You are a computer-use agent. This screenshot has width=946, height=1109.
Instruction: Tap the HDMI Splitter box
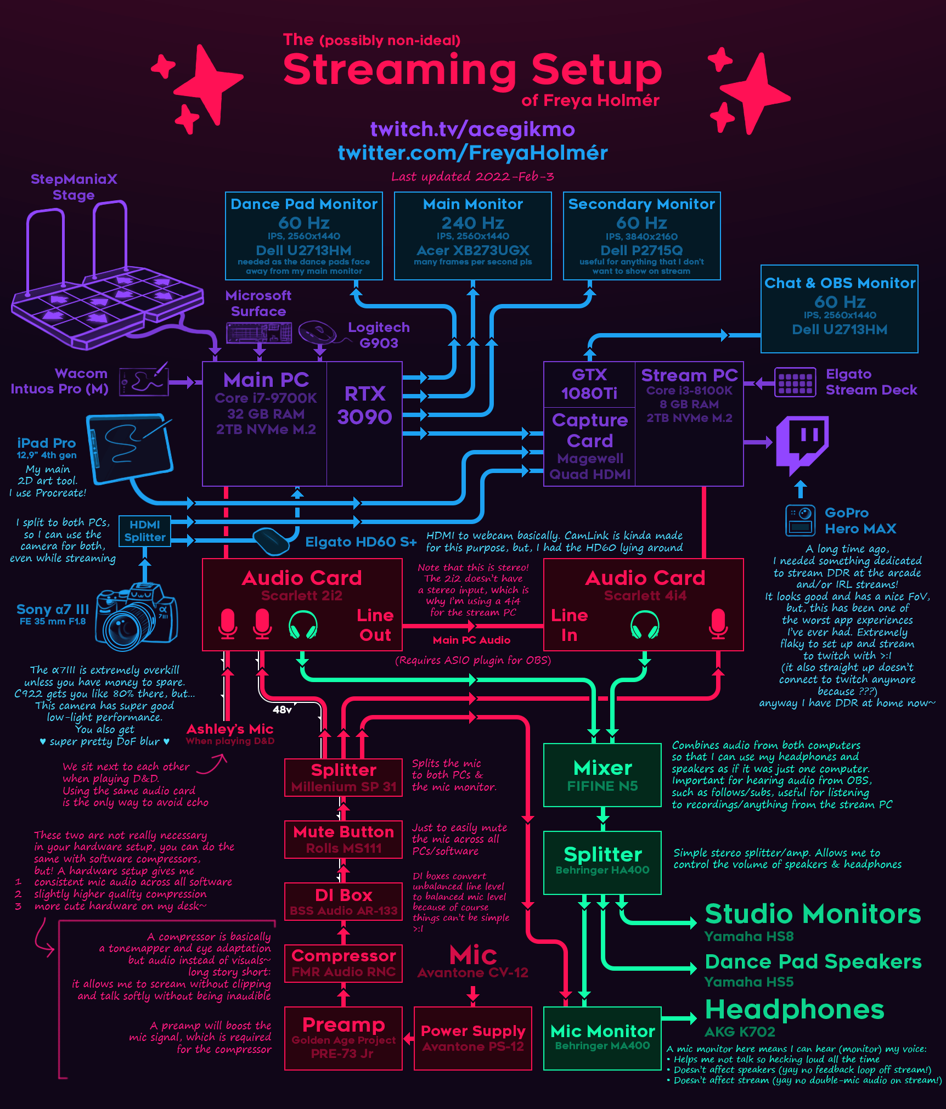click(x=144, y=531)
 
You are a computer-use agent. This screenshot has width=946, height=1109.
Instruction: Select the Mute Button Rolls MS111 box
click(x=344, y=840)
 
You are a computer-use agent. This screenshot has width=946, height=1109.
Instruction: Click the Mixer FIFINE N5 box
click(x=602, y=775)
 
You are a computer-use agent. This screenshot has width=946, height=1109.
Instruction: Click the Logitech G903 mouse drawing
click(x=318, y=332)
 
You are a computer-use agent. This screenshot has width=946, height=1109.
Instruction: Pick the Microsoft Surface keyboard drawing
click(x=259, y=333)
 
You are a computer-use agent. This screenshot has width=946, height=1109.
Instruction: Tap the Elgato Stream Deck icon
click(x=795, y=381)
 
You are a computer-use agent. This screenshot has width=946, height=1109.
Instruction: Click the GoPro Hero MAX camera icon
click(x=800, y=520)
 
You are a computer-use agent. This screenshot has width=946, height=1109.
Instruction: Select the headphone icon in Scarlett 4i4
click(x=645, y=625)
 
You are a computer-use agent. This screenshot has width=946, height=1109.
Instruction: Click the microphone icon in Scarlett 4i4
click(x=718, y=623)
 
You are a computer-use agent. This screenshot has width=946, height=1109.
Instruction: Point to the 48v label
click(x=282, y=710)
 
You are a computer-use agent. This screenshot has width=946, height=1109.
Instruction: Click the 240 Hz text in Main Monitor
click(x=472, y=223)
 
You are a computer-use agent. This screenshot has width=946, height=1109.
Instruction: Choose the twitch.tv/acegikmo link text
click(x=472, y=130)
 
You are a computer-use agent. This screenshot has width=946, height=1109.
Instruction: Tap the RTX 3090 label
click(x=364, y=406)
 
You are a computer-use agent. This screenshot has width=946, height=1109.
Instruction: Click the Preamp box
click(x=344, y=1038)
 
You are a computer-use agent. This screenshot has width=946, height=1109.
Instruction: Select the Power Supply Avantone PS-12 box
click(x=472, y=1038)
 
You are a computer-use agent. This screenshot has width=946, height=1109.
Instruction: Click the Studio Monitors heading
click(x=813, y=914)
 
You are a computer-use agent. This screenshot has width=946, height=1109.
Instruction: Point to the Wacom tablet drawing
click(x=144, y=380)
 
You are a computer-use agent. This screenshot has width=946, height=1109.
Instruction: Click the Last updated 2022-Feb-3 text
click(x=472, y=177)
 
